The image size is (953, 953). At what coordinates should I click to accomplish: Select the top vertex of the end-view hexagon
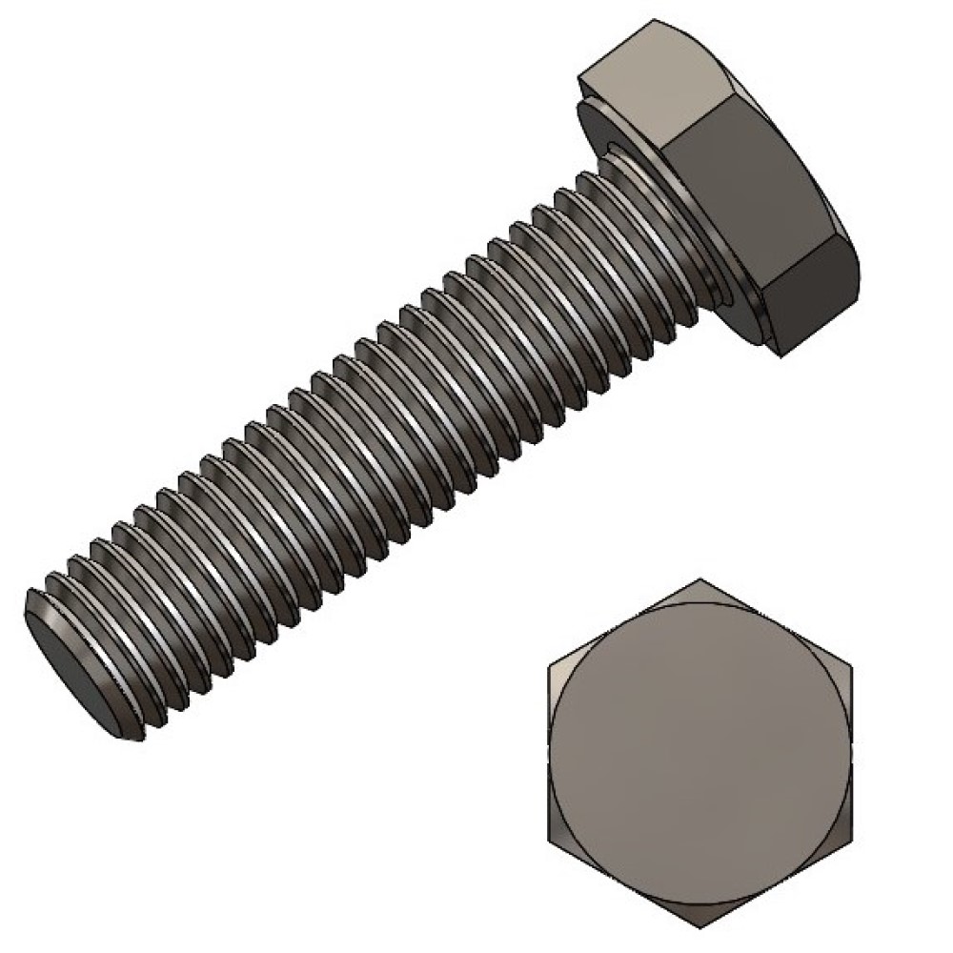coord(700,578)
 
